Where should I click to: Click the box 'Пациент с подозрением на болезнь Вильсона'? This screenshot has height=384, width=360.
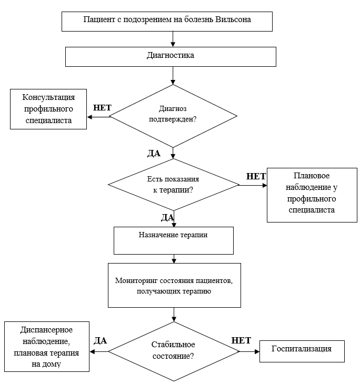point(167,22)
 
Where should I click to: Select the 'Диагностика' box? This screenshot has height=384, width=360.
point(171,57)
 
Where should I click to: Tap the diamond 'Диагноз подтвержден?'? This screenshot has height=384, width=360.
point(173,116)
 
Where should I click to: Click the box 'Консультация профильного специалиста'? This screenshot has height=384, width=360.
point(48,109)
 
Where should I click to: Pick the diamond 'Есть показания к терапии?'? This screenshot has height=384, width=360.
point(174,185)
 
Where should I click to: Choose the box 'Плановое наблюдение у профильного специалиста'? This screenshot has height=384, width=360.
point(312,195)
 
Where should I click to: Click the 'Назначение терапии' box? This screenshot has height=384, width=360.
point(174,240)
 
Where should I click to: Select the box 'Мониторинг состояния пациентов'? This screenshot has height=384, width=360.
point(174,285)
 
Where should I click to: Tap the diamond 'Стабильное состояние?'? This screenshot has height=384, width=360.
point(174,351)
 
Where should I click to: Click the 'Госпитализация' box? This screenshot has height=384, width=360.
point(302,351)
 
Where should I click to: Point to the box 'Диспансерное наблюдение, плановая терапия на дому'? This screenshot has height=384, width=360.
point(47,347)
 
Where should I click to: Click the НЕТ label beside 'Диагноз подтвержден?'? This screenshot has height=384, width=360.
point(102,107)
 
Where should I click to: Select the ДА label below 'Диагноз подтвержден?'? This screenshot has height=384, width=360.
point(154,153)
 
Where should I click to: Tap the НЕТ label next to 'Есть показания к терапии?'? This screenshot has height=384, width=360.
point(256,176)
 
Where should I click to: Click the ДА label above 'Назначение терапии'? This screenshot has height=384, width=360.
point(167,217)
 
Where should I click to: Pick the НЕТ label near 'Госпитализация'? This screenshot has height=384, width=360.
point(241,340)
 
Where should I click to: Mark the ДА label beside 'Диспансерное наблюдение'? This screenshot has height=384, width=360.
point(100,340)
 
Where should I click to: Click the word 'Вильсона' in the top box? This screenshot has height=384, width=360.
point(233,19)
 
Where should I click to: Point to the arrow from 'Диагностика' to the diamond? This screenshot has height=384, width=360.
point(173,75)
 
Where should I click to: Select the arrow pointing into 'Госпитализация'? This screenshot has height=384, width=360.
point(249,352)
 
